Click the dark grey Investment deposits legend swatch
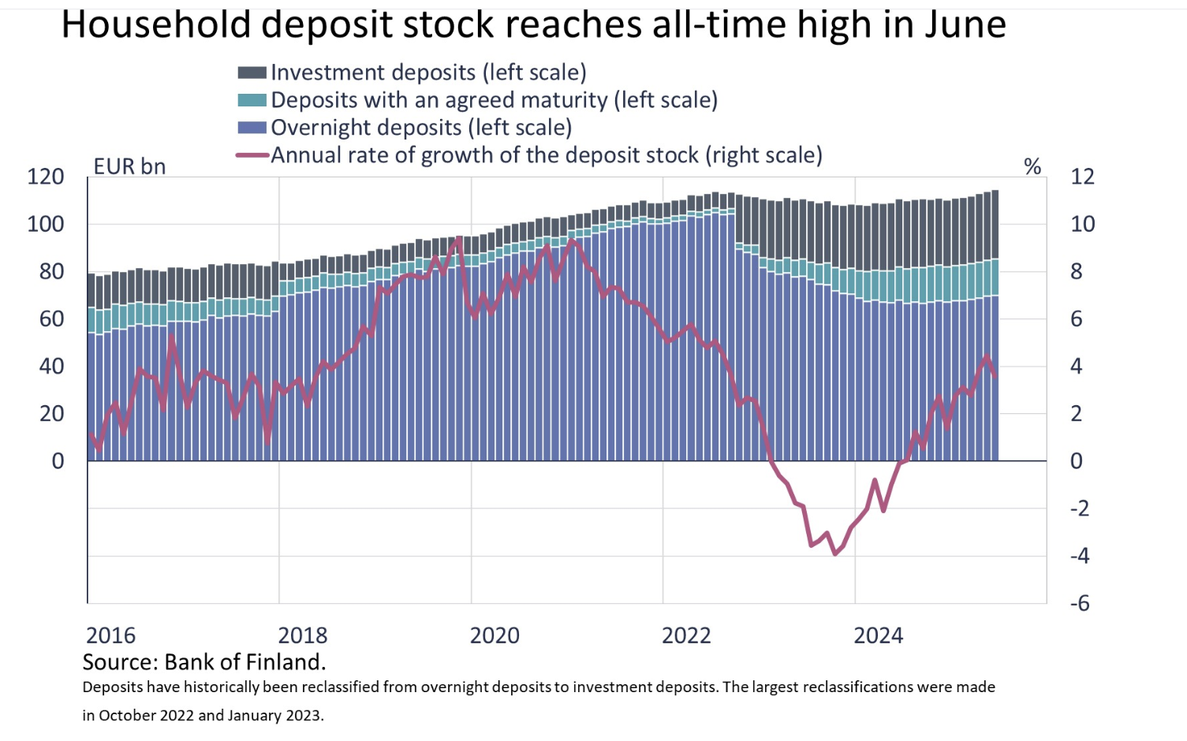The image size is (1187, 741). click(252, 73)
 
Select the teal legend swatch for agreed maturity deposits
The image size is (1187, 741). click(252, 100)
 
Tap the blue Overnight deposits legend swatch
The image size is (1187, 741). click(252, 128)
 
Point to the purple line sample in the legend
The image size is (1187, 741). click(252, 155)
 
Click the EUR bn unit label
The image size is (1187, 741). click(129, 167)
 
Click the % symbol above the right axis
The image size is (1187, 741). click(1032, 166)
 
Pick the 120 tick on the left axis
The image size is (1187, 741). click(46, 177)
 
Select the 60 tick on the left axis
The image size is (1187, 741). click(51, 318)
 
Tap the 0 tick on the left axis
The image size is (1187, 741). click(58, 461)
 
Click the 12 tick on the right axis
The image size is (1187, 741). click(1082, 177)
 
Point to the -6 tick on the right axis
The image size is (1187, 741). click(1080, 603)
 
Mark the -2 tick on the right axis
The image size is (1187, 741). click(1080, 508)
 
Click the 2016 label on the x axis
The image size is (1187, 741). click(110, 635)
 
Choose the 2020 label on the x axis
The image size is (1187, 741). click(495, 635)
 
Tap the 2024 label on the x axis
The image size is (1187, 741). click(878, 635)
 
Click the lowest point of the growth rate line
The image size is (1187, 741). click(835, 554)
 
